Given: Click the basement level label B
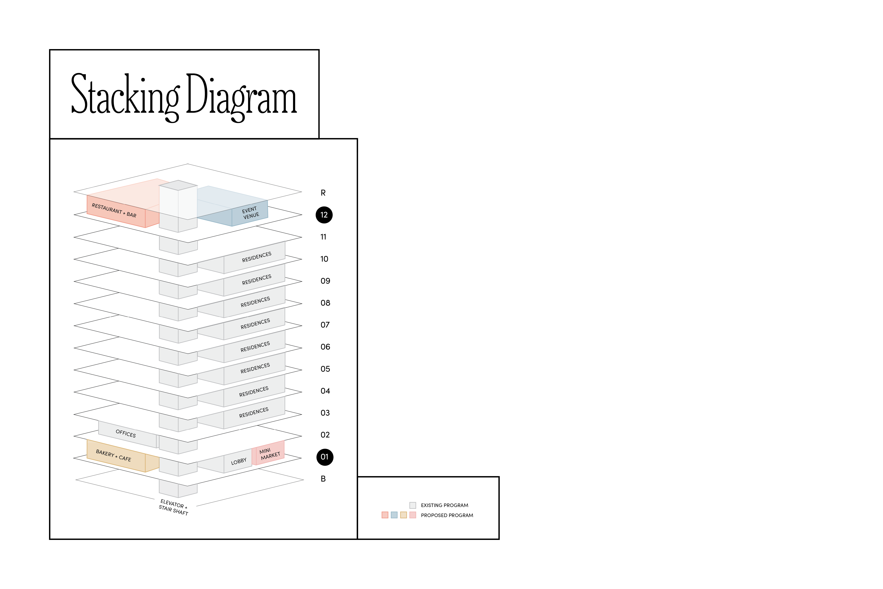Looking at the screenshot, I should [323, 479].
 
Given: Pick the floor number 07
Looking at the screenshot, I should [325, 325].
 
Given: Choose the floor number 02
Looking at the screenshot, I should [325, 435].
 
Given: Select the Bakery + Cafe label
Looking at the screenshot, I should [113, 456].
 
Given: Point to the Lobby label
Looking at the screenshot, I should [239, 461].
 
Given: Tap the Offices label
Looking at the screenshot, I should [126, 433].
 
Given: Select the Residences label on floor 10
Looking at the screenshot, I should [256, 257].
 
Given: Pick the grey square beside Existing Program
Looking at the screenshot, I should [413, 505].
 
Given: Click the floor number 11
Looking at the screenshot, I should [323, 237].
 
